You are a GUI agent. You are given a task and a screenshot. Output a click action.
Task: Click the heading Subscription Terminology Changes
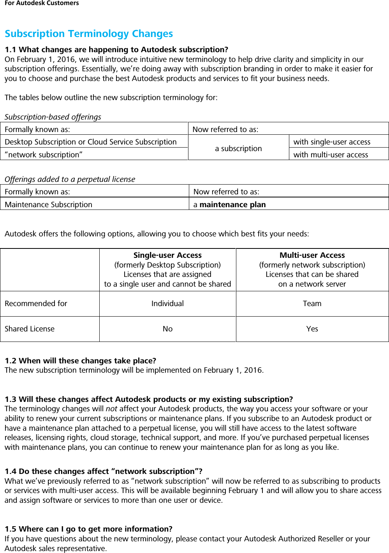pyautogui.click(x=89, y=34)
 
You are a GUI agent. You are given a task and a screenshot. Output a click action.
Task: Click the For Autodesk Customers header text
pyautogui.click(x=42, y=3)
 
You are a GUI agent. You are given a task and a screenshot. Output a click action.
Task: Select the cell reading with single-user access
pyautogui.click(x=332, y=142)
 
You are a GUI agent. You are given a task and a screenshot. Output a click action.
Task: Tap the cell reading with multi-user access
pyautogui.click(x=331, y=155)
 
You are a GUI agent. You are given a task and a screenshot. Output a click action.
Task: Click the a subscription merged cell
pyautogui.click(x=238, y=148)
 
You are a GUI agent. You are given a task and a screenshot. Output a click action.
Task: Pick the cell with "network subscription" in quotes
pyautogui.click(x=44, y=155)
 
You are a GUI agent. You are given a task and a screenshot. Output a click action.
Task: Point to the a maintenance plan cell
pyautogui.click(x=230, y=204)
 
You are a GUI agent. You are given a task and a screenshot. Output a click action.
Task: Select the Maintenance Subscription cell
pyautogui.click(x=49, y=204)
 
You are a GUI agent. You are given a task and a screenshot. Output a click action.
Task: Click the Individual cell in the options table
pyautogui.click(x=167, y=303)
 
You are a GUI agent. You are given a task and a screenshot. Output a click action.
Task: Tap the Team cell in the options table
pyautogui.click(x=312, y=303)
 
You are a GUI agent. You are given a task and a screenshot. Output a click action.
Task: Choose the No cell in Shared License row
pyautogui.click(x=167, y=329)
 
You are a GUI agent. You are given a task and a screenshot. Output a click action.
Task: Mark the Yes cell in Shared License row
pyautogui.click(x=312, y=329)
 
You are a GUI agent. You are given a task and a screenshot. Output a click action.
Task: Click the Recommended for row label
pyautogui.click(x=36, y=303)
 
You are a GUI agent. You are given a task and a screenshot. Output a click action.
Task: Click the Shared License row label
pyautogui.click(x=30, y=329)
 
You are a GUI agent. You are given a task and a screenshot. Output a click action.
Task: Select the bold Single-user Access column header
pyautogui.click(x=167, y=255)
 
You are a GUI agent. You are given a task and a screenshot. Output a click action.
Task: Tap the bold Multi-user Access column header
pyautogui.click(x=312, y=255)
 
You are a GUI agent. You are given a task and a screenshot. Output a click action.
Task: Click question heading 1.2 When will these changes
pyautogui.click(x=80, y=361)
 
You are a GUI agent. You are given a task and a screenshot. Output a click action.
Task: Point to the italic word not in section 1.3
pyautogui.click(x=111, y=409)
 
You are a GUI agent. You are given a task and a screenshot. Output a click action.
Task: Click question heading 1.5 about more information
pyautogui.click(x=88, y=529)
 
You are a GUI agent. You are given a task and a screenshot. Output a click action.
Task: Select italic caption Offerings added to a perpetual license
pyautogui.click(x=70, y=179)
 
